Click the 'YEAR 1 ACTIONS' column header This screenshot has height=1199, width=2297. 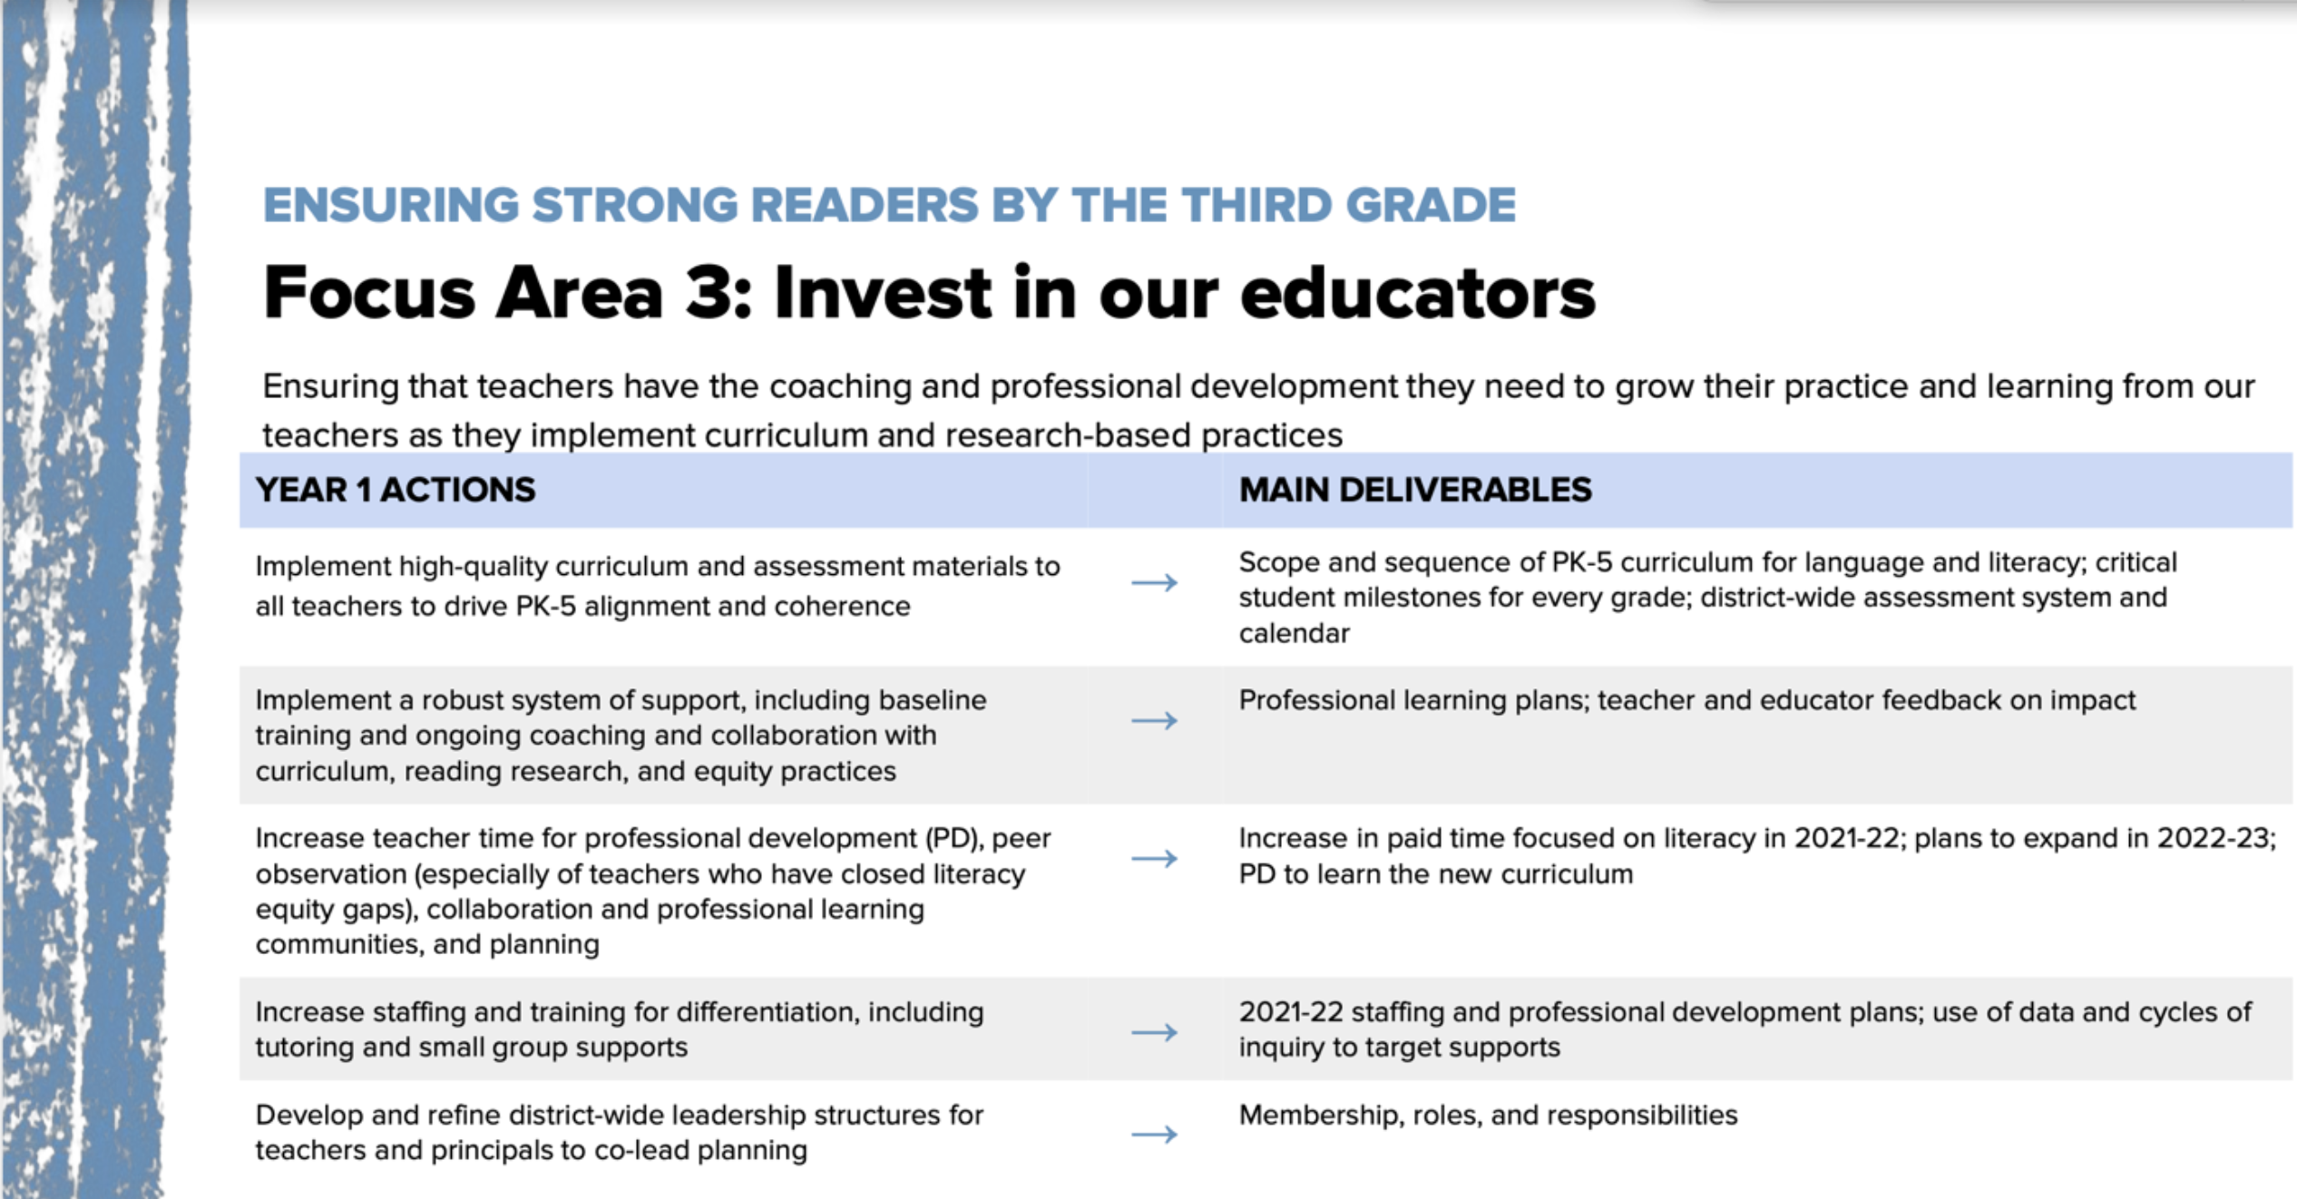click(x=396, y=490)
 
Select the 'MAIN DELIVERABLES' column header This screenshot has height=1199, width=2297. click(x=1415, y=490)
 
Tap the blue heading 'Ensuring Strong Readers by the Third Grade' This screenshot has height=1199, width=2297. click(x=889, y=205)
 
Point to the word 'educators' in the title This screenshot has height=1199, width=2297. click(x=1417, y=293)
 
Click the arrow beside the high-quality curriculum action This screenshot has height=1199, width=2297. click(x=1154, y=582)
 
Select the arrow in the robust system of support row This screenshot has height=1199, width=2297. click(x=1154, y=721)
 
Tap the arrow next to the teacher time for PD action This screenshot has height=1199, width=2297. click(x=1154, y=858)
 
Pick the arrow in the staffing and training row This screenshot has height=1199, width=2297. click(x=1154, y=1032)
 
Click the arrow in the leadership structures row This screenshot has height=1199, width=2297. click(x=1154, y=1135)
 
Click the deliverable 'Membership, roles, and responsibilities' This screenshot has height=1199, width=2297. click(x=1488, y=1115)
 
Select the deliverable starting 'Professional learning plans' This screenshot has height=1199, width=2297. click(x=1687, y=700)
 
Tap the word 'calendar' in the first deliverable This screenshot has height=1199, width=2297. click(x=1295, y=633)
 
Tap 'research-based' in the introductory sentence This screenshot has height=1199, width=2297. click(x=1069, y=435)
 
